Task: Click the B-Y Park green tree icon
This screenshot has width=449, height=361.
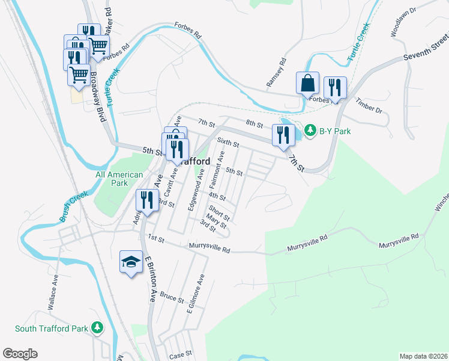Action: point(310,130)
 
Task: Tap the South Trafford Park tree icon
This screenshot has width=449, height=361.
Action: point(96,328)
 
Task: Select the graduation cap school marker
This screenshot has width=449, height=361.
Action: point(131,261)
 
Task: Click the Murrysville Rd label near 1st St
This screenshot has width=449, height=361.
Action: point(209,247)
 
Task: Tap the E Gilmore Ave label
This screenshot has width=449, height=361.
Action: point(196,294)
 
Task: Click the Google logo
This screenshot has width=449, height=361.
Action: point(20,353)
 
